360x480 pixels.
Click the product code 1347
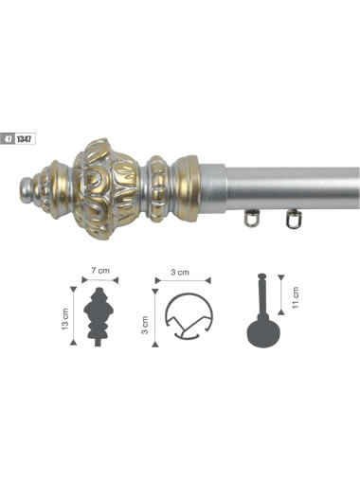pos(25,139)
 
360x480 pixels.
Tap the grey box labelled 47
pos(8,139)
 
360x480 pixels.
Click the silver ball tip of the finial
pos(27,188)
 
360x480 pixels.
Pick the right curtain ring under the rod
pos(294,219)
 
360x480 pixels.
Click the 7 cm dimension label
pos(100,271)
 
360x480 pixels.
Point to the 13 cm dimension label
pos(65,319)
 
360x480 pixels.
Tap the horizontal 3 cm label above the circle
pos(180,272)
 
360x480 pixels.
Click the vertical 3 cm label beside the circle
pos(145,325)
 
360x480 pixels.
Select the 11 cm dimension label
pos(295,297)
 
